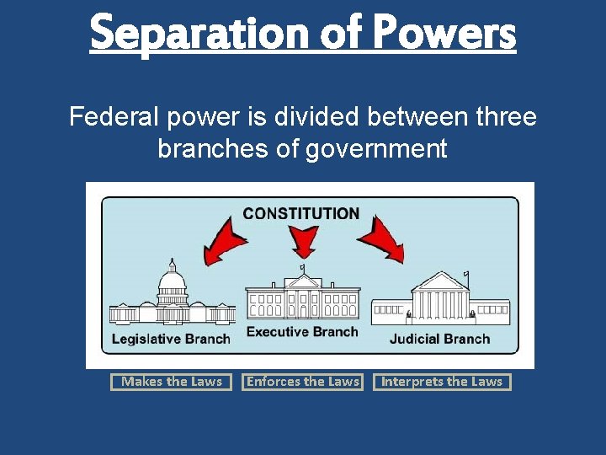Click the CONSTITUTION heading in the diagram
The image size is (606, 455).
301,214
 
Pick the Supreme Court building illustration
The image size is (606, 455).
440,300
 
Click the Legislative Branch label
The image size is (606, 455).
171,339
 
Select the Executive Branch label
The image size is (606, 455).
302,332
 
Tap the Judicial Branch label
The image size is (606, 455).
439,339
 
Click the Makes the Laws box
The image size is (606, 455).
172,382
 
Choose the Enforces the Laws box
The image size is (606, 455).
303,382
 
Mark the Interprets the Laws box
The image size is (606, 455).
442,382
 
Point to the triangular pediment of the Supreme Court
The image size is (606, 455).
440,281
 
